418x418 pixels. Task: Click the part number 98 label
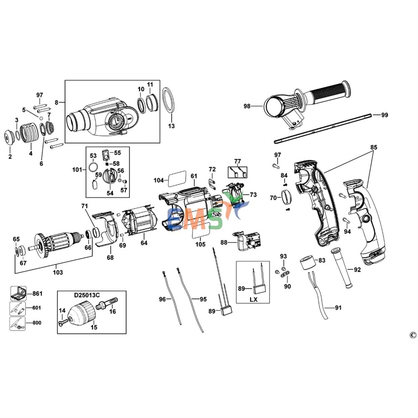click(247, 106)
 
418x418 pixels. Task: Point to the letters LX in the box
click(254, 299)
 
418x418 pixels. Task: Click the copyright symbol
click(413, 334)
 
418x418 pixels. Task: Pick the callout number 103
click(58, 272)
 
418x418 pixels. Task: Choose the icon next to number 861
click(18, 293)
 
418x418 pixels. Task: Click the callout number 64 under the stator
click(144, 243)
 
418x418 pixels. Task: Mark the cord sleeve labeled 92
click(342, 268)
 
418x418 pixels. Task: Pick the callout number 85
click(374, 147)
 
